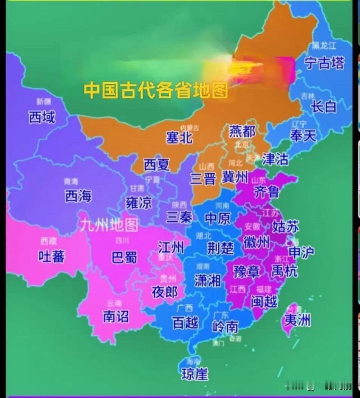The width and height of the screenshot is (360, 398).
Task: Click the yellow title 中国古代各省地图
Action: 156,90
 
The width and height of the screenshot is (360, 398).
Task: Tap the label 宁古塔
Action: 324,63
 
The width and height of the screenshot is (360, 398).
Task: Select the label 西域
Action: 42,118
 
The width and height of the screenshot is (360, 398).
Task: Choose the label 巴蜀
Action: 124,258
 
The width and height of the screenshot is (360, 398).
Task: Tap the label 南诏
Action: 116,317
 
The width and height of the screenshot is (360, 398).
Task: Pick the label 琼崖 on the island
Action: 195,374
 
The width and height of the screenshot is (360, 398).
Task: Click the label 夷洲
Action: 297,321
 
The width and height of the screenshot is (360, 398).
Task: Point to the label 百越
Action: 185,323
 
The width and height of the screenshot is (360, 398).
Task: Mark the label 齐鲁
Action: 267,192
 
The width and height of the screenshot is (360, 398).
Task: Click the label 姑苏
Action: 285,226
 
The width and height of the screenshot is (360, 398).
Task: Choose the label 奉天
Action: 303,136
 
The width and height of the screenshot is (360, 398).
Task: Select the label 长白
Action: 324,107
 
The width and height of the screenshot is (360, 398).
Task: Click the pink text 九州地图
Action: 109,224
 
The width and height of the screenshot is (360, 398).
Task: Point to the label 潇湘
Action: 207,280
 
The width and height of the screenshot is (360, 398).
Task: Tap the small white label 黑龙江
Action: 324,46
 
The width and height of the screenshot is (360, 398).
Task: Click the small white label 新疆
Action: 44,101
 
